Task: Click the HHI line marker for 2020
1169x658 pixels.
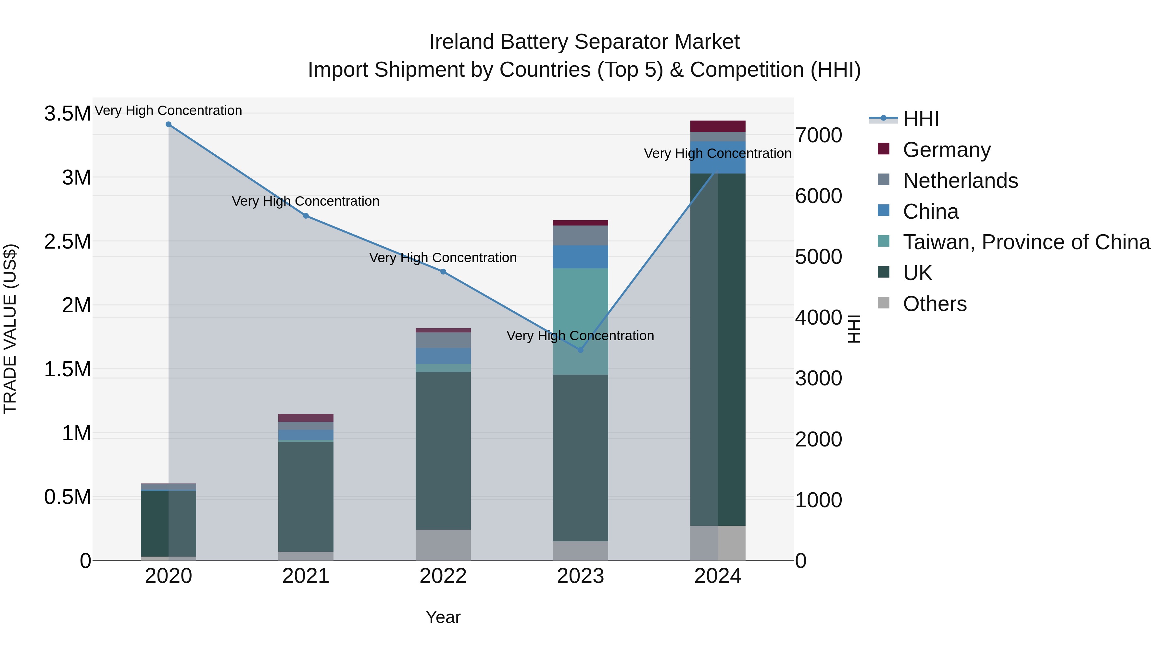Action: point(168,124)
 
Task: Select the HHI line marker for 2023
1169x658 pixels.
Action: point(580,350)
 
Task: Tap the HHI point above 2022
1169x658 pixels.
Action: point(443,272)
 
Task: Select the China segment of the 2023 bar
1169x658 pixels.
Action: point(580,257)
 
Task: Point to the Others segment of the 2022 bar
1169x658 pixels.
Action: point(443,545)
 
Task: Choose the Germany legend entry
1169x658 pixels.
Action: point(946,150)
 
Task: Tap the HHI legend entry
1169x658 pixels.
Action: point(920,119)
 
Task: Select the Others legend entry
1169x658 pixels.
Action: point(934,304)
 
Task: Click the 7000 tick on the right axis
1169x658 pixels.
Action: point(818,135)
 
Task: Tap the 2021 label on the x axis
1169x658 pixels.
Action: point(306,576)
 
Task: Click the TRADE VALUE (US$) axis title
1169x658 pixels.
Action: point(10,329)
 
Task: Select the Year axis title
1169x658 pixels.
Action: point(443,617)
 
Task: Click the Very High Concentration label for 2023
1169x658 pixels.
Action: point(580,336)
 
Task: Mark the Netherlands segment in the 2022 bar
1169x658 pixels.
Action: point(443,340)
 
